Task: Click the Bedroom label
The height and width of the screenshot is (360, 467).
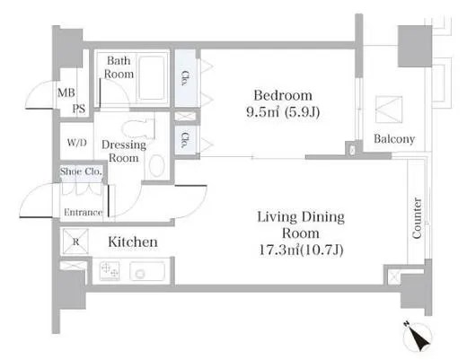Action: click(283, 96)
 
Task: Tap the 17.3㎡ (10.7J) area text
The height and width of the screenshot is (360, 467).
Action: click(301, 250)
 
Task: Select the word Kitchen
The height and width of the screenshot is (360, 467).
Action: click(133, 241)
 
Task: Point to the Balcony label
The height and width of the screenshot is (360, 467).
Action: click(394, 139)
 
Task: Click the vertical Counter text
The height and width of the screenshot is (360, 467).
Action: click(417, 218)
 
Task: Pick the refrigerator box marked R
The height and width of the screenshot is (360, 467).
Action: click(75, 241)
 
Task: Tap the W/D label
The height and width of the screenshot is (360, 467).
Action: click(77, 143)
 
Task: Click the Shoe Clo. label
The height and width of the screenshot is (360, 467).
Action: click(81, 171)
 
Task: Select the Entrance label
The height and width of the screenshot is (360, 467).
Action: click(83, 212)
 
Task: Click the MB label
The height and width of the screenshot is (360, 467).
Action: click(66, 92)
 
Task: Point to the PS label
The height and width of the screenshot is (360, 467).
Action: click(79, 109)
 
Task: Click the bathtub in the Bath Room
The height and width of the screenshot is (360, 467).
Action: click(152, 78)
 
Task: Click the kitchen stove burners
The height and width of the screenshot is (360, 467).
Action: click(110, 271)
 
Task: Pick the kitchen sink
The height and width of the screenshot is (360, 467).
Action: click(147, 271)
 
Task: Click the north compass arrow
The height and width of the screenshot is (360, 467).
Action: click(418, 337)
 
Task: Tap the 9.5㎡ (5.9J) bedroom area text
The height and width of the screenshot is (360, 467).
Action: click(283, 112)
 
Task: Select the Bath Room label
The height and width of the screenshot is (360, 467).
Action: click(119, 67)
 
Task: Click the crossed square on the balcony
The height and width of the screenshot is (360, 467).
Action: click(389, 110)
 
